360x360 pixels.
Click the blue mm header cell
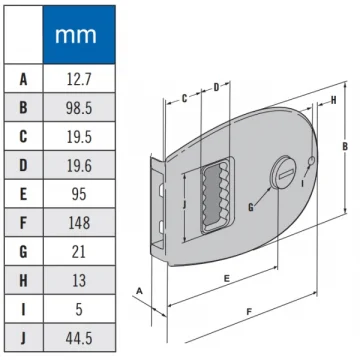click(79, 35)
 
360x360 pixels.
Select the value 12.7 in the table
click(79, 79)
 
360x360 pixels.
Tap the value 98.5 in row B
click(79, 108)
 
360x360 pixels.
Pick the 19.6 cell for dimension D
click(79, 166)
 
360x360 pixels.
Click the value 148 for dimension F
click(79, 223)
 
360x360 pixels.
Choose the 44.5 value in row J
click(79, 338)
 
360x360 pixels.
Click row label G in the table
click(23, 252)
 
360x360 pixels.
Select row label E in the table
click(23, 194)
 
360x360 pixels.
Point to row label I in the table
click(23, 309)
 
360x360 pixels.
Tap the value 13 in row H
click(79, 281)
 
